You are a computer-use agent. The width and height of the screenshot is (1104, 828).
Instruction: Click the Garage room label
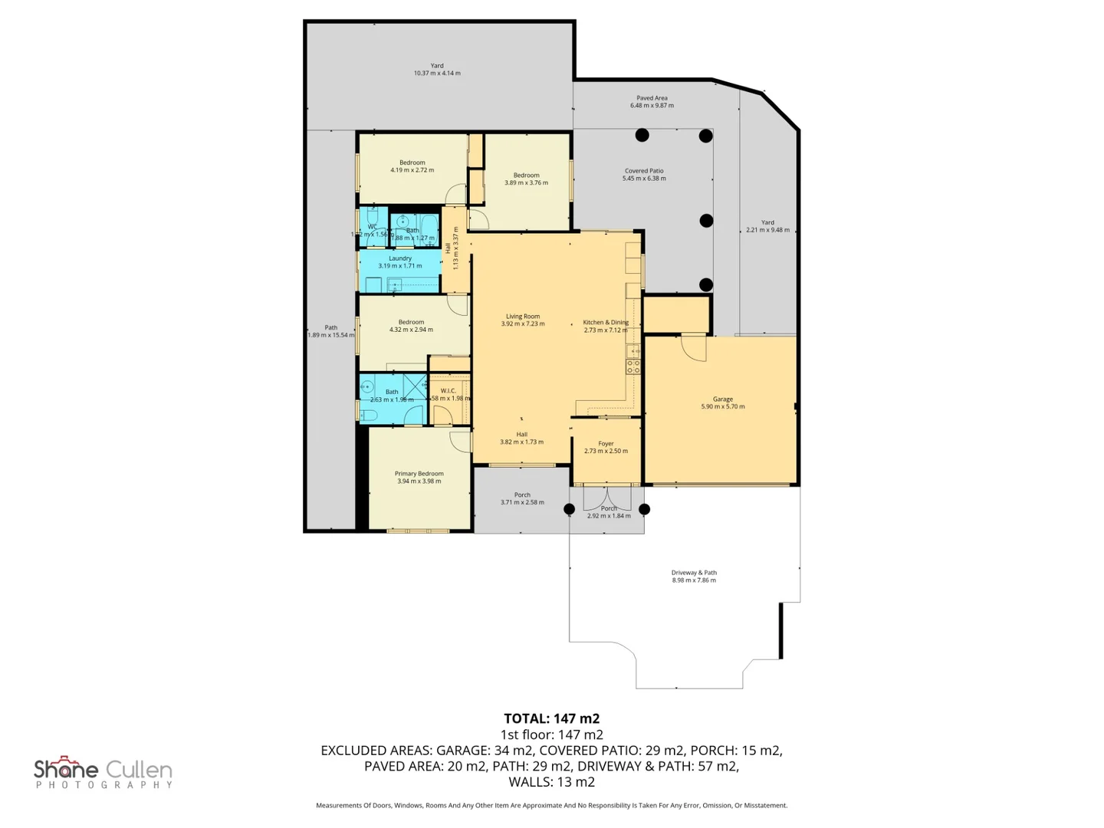pyautogui.click(x=722, y=399)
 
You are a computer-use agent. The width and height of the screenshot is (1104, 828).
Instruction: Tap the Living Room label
pyautogui.click(x=523, y=317)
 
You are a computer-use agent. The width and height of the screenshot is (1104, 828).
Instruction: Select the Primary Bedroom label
pyautogui.click(x=419, y=474)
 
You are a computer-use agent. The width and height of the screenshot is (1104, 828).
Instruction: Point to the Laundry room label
pyautogui.click(x=400, y=259)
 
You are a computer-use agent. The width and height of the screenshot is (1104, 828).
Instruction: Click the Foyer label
pyautogui.click(x=606, y=444)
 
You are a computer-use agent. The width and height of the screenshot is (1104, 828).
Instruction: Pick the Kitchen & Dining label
pyautogui.click(x=606, y=323)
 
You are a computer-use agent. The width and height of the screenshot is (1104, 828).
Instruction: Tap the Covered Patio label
pyautogui.click(x=644, y=171)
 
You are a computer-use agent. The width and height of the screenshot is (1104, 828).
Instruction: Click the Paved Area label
pyautogui.click(x=652, y=98)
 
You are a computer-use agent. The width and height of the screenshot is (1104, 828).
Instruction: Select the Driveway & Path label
pyautogui.click(x=694, y=573)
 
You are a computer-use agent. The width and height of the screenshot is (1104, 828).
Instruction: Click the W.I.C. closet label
pyautogui.click(x=449, y=391)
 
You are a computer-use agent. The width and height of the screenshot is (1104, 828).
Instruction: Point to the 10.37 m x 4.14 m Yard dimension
pyautogui.click(x=437, y=74)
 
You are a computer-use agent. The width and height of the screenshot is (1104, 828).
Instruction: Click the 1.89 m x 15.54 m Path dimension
pyautogui.click(x=331, y=335)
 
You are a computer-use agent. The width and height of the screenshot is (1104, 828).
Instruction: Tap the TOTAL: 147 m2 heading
pyautogui.click(x=551, y=718)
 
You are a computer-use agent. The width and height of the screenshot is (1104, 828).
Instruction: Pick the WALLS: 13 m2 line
pyautogui.click(x=551, y=782)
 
